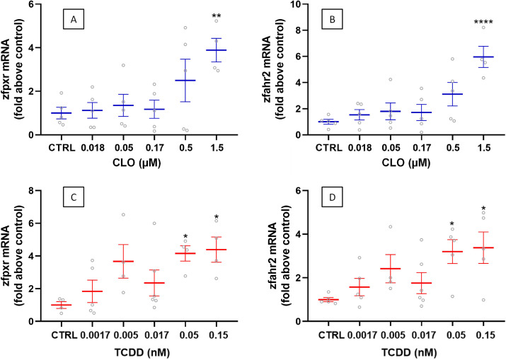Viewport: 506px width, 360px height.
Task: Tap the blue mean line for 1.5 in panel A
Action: [x=217, y=50]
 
